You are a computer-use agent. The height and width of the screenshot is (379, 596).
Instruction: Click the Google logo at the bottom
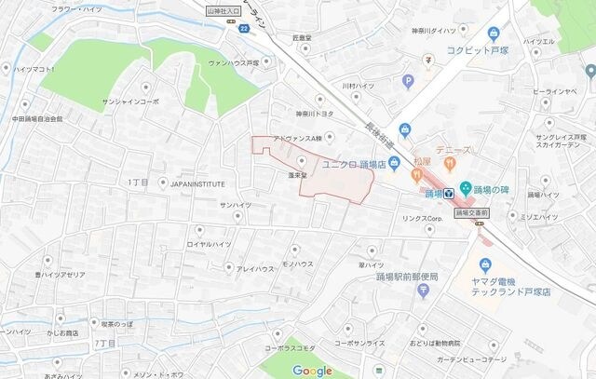(313, 371)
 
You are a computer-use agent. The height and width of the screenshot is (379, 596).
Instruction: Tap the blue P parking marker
(408, 82)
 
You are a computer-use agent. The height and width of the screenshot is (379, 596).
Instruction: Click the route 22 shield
(242, 31)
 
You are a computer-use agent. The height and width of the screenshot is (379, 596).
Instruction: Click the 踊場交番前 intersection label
(474, 212)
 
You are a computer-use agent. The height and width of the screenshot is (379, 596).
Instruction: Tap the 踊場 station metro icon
(449, 194)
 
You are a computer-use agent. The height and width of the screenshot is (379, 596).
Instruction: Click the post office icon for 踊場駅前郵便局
(424, 290)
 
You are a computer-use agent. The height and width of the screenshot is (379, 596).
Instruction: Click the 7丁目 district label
(105, 344)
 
